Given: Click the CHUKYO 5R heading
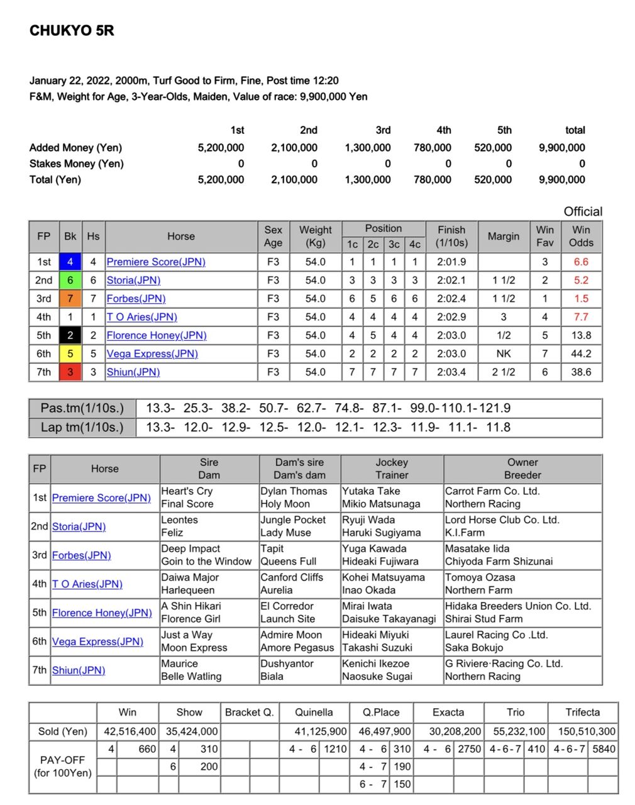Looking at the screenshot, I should [x=72, y=31].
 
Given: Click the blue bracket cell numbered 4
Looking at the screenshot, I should [x=70, y=262].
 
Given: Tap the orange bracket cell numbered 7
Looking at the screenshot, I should [x=70, y=299].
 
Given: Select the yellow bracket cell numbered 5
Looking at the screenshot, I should [x=70, y=353].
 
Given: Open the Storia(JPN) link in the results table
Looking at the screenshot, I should [x=133, y=280].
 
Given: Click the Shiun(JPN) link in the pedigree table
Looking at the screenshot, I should [x=78, y=670].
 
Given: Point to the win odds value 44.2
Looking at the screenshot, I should [x=581, y=353].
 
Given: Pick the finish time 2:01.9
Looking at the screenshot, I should [x=451, y=262].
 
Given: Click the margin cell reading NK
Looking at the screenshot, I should [x=504, y=353].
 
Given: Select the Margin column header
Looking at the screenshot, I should [x=504, y=236].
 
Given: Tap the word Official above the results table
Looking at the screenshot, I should [x=583, y=211].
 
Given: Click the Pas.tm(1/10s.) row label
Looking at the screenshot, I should [x=82, y=408].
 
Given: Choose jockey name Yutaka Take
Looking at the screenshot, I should [x=371, y=491].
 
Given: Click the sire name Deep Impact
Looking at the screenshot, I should [x=190, y=548].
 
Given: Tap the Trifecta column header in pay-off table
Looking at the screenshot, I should [x=582, y=712].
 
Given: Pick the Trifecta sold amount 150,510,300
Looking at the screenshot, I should [x=582, y=731].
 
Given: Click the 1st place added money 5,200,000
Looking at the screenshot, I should [x=221, y=148].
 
